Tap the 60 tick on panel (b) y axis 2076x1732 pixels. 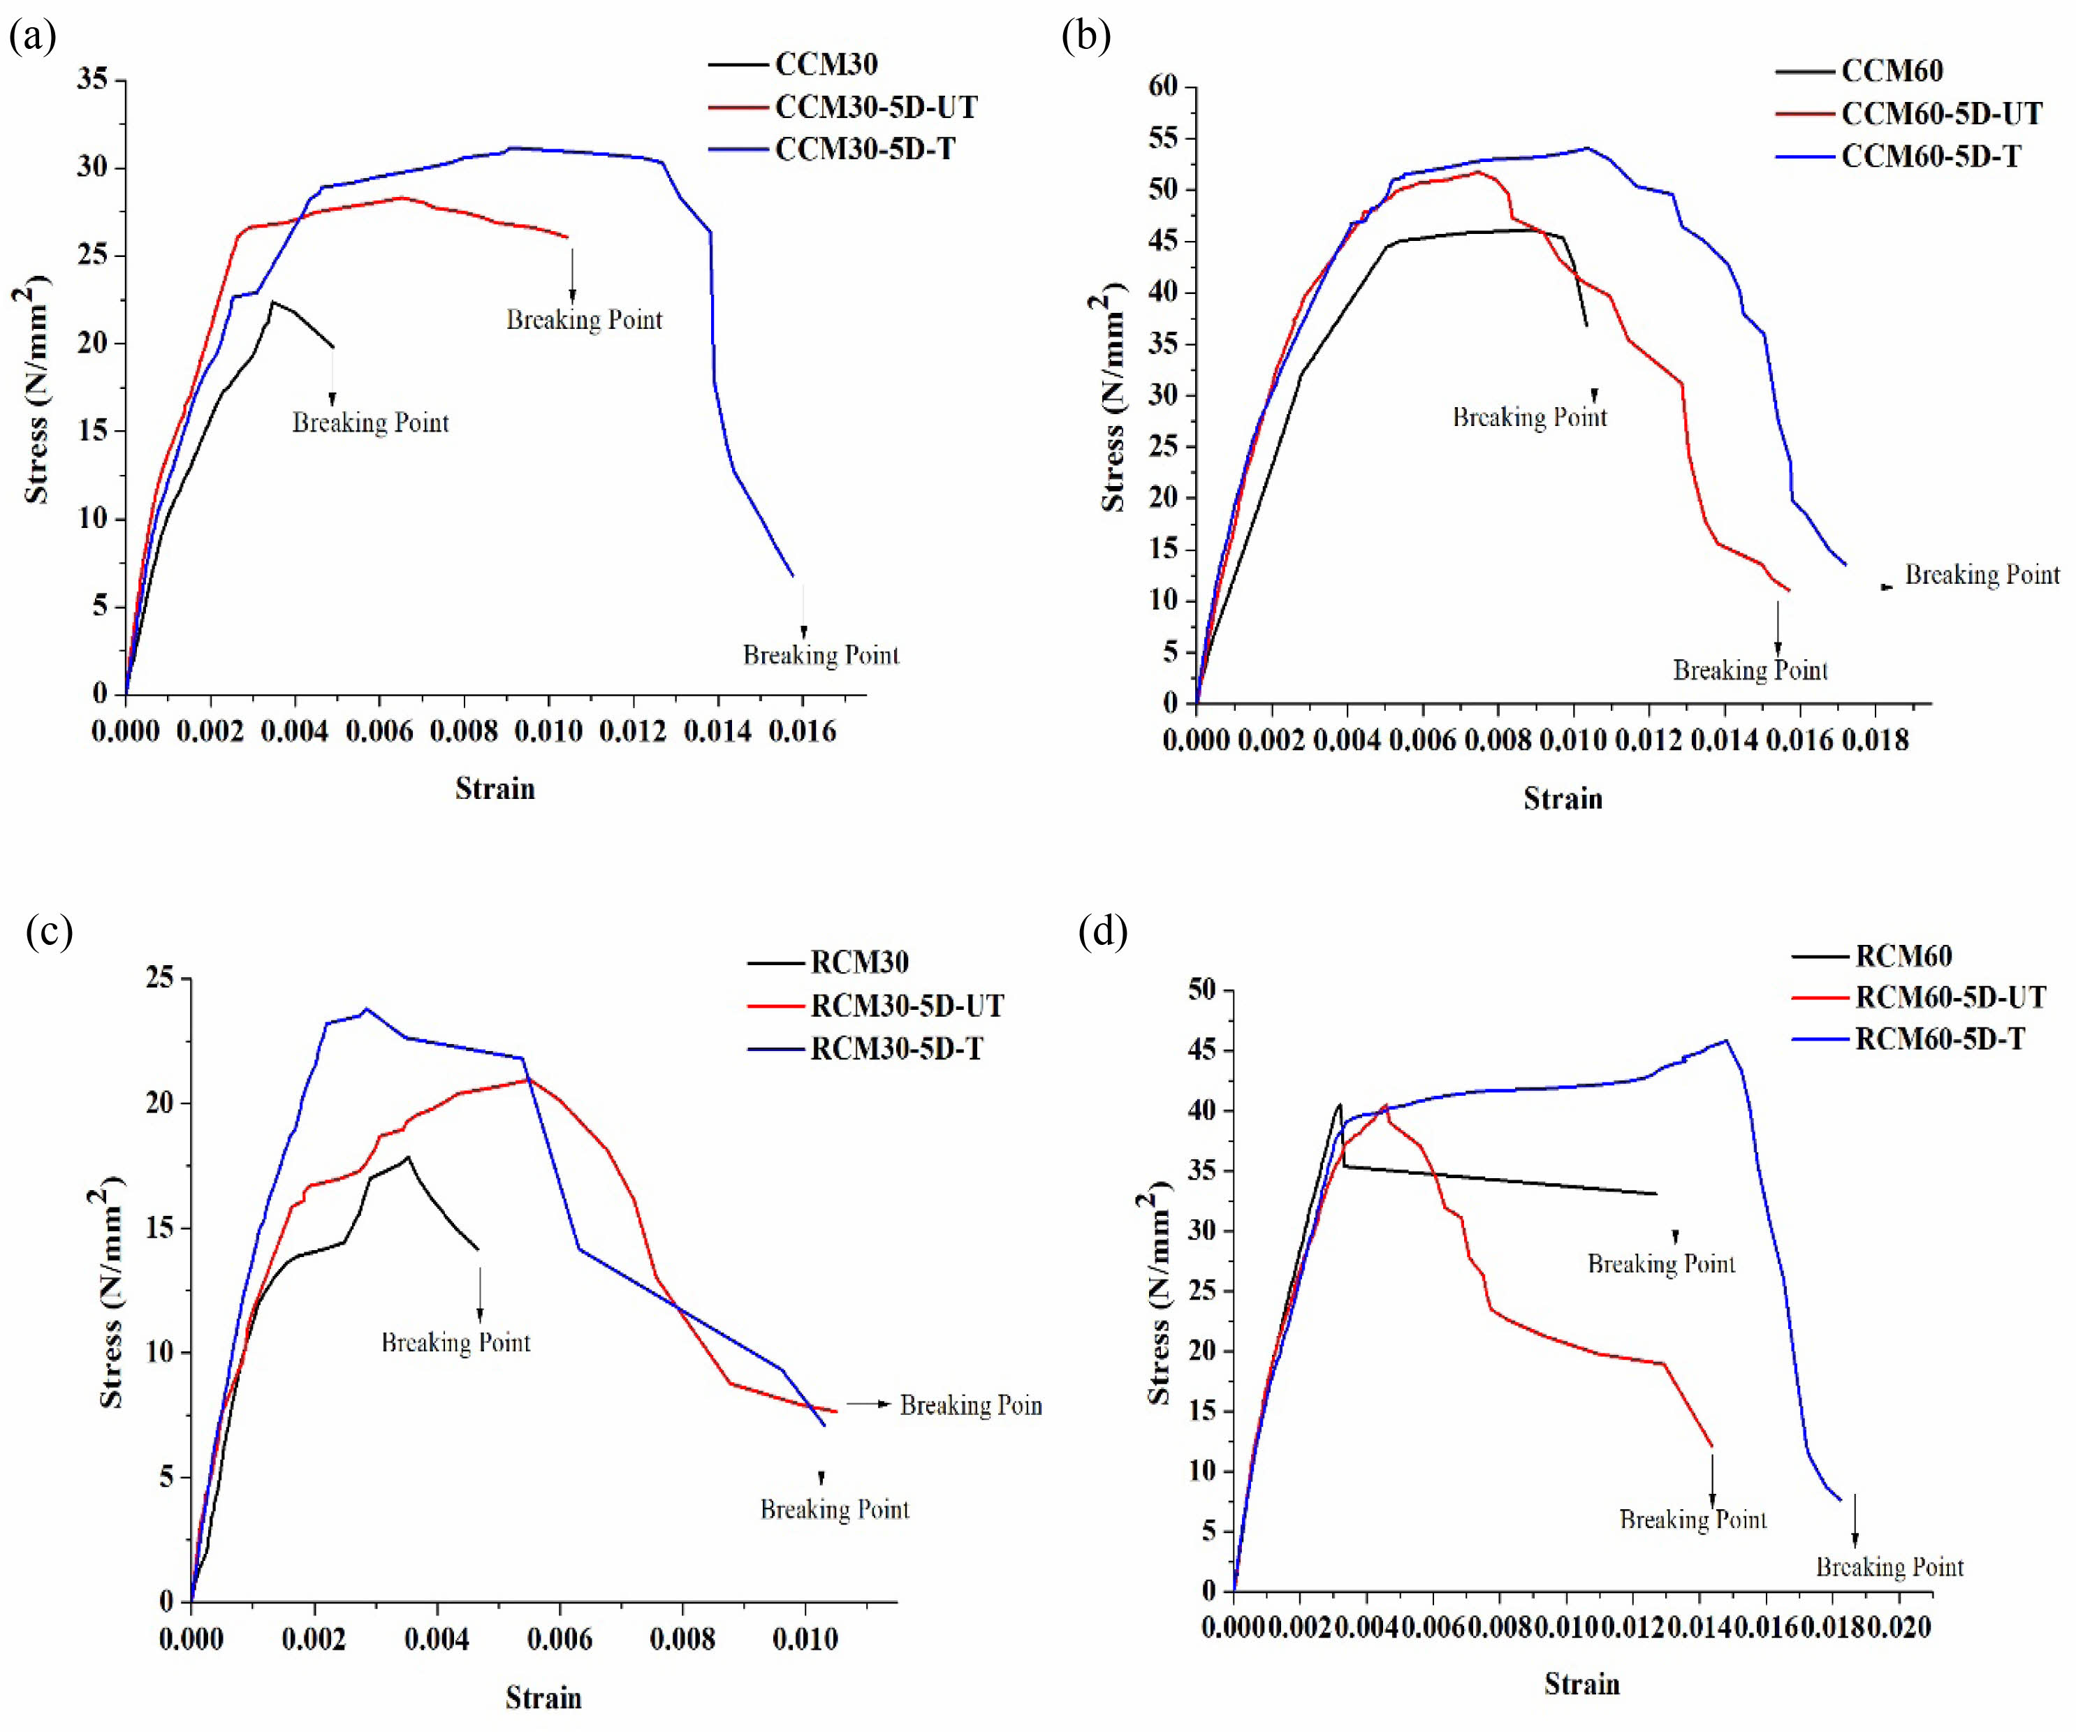[1164, 87]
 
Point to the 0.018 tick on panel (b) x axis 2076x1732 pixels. [1876, 740]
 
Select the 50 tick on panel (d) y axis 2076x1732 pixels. [1202, 990]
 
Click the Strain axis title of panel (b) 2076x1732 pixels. [1562, 799]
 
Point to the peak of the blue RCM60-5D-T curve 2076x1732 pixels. [1725, 1040]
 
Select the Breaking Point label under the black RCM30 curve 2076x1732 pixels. [455, 1342]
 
